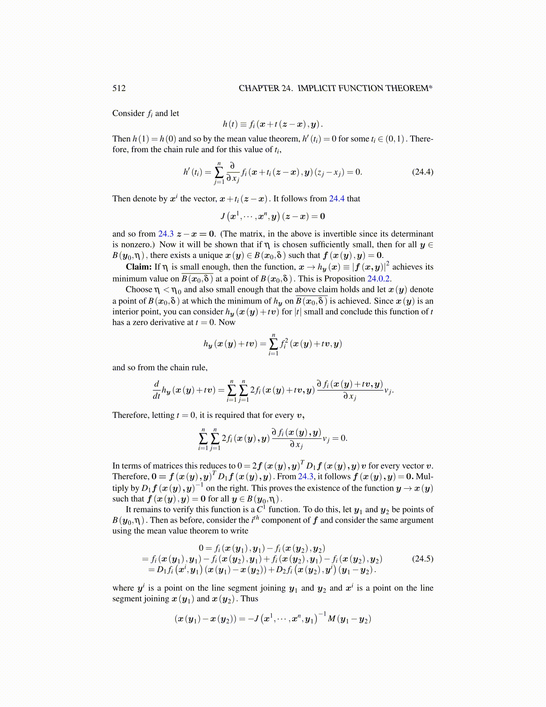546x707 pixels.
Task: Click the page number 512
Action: [x=119, y=88]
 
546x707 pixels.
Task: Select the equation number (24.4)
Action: [x=422, y=172]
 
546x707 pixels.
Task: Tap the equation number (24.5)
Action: [x=422, y=558]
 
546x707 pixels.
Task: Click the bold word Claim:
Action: [x=139, y=267]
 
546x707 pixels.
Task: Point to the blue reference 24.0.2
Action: [x=379, y=279]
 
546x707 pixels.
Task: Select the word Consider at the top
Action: [x=128, y=113]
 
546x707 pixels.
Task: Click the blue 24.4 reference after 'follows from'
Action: [x=337, y=199]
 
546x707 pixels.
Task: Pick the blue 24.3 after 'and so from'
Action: [x=166, y=233]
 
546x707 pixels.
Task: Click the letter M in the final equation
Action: [x=331, y=619]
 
